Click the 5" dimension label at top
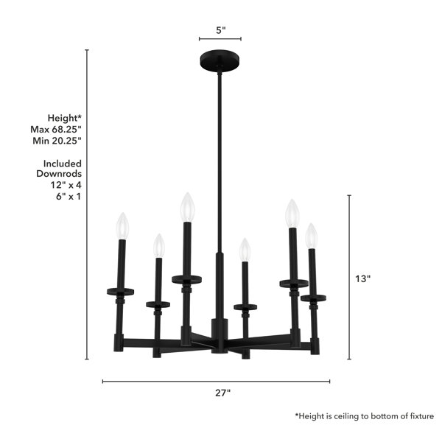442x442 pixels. (x=221, y=30)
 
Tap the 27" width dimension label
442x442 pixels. (x=222, y=393)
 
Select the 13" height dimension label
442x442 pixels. (x=362, y=278)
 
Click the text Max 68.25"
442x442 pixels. (x=56, y=130)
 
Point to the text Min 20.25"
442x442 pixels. (x=57, y=141)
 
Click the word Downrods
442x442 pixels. (x=59, y=174)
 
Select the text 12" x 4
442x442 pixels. (x=66, y=185)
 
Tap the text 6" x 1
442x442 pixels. (x=69, y=197)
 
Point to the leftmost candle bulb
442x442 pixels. (x=122, y=226)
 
